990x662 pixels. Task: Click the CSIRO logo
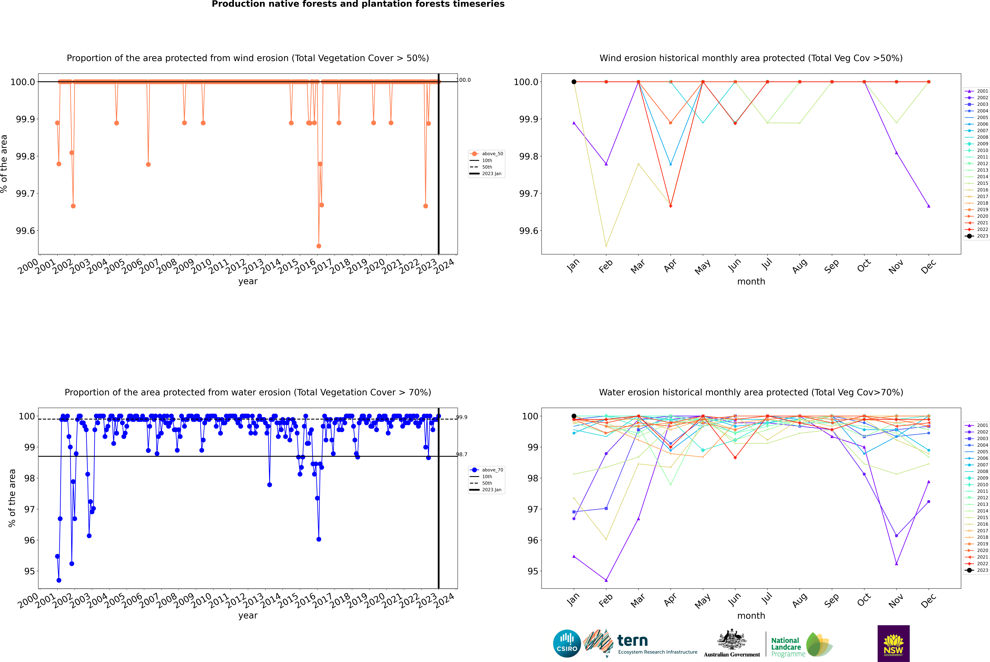pos(567,643)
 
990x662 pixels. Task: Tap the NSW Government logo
pos(893,643)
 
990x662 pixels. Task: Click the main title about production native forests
pos(358,4)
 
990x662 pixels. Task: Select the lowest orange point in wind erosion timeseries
pos(319,246)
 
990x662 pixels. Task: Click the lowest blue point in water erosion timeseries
pos(59,580)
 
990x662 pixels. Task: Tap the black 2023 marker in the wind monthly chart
pos(574,82)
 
